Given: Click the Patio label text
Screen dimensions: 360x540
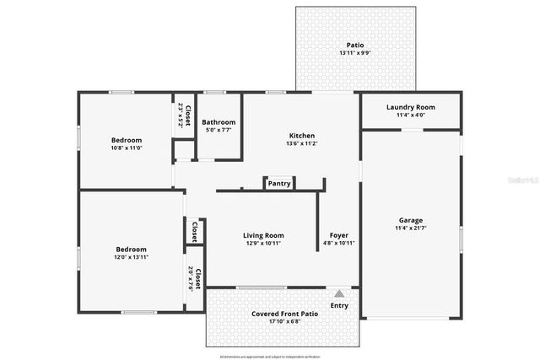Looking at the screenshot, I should coord(356,46).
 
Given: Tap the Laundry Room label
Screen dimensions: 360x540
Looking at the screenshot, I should coord(410,107).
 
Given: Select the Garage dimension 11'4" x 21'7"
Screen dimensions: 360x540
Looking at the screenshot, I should coord(411,228).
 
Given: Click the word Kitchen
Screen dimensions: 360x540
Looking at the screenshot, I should coord(302,136).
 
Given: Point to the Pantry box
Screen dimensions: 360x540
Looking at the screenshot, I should coord(279,183).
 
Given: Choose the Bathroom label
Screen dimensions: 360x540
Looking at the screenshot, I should coord(219,122).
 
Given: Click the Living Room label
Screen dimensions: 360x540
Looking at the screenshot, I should coord(263,235).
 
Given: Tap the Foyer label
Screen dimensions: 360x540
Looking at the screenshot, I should coord(339,235).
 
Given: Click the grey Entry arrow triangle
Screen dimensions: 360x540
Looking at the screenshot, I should coord(339,293).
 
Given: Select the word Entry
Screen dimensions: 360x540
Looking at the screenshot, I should coord(339,305).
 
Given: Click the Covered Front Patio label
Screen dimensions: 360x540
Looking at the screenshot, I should coord(284,314).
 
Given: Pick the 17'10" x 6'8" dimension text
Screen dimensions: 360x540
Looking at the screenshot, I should coord(284,322).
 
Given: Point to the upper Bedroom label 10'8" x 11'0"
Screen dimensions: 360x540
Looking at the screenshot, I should coord(127,148).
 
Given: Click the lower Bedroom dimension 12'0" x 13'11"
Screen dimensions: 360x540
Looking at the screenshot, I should coord(132,257).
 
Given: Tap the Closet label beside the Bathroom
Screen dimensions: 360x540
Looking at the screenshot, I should coord(184,115).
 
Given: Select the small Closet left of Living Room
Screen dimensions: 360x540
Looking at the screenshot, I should coord(194,231).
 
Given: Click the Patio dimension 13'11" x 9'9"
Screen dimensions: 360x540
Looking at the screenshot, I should coord(356,53).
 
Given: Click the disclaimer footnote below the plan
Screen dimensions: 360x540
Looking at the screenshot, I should coord(270,357).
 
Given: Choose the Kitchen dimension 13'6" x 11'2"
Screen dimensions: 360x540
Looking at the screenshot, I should coord(302,143).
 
